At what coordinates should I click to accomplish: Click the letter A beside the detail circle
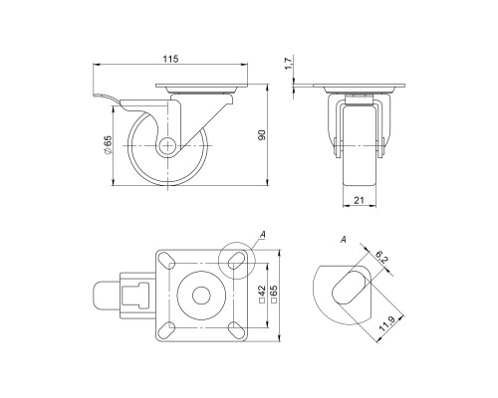coord(262,235)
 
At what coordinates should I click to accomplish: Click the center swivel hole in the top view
coord(199,296)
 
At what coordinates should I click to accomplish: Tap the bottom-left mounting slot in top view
coord(164,329)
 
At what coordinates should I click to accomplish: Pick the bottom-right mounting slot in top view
coord(235,329)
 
